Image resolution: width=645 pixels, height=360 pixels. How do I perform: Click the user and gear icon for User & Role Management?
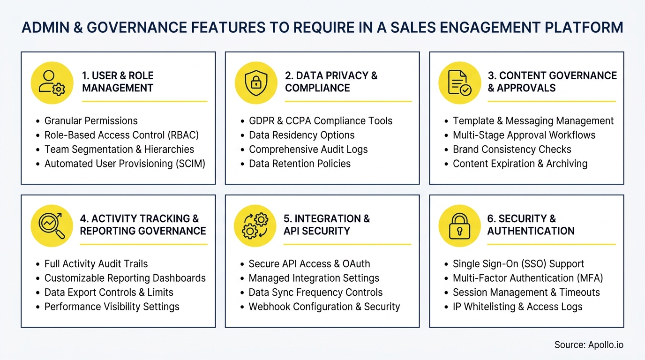click(x=52, y=83)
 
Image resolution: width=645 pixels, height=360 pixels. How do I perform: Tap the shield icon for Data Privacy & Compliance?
click(x=255, y=83)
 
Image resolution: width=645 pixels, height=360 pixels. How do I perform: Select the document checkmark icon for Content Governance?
click(x=459, y=83)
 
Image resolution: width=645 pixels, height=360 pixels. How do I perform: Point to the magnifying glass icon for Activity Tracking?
click(x=52, y=226)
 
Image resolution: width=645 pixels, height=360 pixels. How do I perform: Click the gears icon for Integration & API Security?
click(x=255, y=226)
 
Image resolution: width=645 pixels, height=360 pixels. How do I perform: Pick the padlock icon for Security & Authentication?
click(x=459, y=226)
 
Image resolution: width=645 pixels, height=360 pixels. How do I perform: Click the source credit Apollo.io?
click(x=589, y=345)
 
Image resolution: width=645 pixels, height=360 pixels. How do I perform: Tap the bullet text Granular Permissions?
click(x=91, y=121)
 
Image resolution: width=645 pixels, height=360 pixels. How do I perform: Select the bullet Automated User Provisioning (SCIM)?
click(x=125, y=164)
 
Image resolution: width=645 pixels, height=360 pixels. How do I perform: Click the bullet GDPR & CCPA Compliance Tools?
click(x=321, y=121)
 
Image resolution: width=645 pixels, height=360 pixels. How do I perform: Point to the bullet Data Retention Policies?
click(x=300, y=164)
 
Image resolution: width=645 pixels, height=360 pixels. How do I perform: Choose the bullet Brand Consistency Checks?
click(x=512, y=150)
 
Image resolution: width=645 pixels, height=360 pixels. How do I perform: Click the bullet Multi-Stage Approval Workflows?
click(x=524, y=135)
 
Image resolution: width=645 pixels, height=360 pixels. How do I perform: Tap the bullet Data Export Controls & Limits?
click(x=109, y=292)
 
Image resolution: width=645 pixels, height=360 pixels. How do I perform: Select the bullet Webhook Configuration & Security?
click(x=324, y=307)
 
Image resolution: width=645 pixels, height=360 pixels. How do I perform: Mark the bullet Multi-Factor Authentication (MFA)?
click(x=528, y=278)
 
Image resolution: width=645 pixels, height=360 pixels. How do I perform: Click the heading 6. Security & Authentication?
click(x=531, y=225)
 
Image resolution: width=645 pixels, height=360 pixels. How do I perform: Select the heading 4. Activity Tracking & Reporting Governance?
click(x=143, y=225)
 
